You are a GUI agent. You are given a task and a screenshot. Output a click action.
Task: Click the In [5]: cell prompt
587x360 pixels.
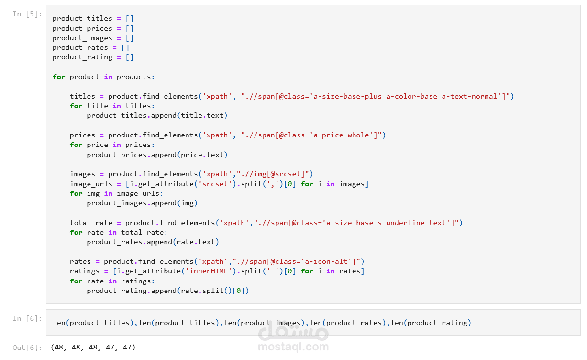27,14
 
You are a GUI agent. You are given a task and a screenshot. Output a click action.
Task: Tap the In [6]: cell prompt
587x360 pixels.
27,318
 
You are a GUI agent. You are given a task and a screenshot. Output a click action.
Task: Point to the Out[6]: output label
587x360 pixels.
27,348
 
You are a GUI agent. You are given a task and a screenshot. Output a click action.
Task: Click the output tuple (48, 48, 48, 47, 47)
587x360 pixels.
93,347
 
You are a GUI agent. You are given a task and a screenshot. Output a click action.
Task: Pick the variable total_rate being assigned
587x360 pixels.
91,223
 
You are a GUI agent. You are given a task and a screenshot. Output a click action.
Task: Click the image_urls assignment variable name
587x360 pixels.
91,184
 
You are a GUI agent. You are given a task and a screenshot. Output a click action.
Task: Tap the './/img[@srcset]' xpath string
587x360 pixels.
273,174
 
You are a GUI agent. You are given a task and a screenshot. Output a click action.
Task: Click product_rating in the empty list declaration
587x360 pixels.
82,57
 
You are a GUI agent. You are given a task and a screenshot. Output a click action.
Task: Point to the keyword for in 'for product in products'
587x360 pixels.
59,77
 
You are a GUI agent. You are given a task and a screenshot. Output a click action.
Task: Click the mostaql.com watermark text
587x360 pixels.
293,347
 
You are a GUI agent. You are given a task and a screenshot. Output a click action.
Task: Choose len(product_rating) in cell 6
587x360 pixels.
431,323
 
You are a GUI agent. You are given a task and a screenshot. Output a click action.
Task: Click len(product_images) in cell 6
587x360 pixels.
264,323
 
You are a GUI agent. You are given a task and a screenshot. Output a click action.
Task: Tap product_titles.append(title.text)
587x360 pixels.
157,116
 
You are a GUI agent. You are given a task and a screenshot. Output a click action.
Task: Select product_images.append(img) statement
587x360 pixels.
142,203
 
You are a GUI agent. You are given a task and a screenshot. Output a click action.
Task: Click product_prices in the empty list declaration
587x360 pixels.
82,28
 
